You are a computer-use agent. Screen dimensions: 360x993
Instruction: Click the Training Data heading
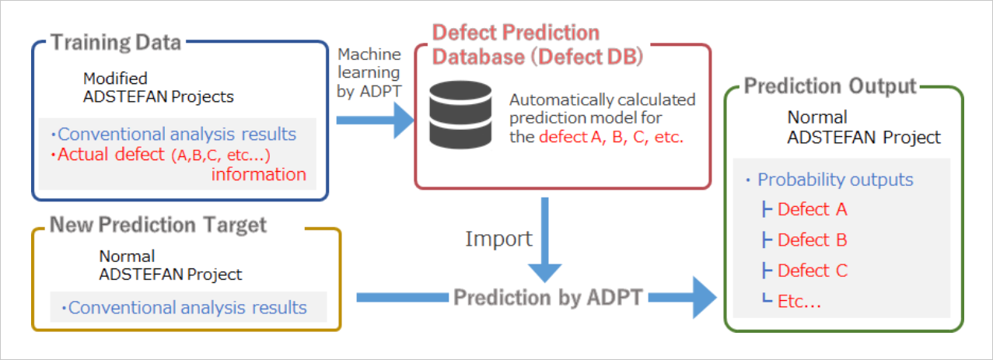(116, 42)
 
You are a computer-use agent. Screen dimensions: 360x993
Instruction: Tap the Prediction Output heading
(830, 86)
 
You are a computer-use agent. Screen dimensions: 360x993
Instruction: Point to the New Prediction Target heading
(158, 225)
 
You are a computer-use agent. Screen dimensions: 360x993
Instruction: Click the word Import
(498, 238)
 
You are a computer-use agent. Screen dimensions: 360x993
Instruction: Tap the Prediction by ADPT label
(548, 297)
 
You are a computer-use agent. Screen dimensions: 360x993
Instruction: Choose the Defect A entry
(812, 209)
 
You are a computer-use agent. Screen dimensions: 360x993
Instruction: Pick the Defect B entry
(812, 239)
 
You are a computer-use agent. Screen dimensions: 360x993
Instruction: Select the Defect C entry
(812, 271)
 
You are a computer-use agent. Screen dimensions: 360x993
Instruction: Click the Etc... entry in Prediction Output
(799, 302)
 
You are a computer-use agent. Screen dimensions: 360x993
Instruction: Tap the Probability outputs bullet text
(835, 180)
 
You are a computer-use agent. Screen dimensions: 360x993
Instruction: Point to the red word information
(258, 174)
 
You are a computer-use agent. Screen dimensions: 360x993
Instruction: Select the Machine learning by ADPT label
(369, 72)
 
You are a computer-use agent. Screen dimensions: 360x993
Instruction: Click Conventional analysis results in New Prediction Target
(187, 307)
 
